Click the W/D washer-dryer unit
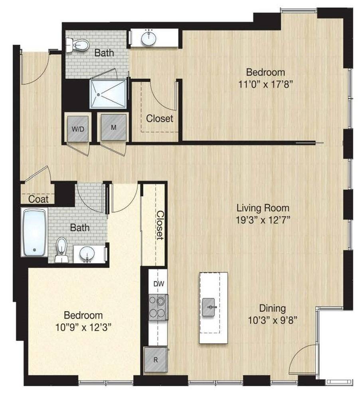tap(78, 129)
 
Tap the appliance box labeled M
tap(113, 127)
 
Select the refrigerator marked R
tap(155, 360)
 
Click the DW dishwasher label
tap(159, 284)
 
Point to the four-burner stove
tap(158, 307)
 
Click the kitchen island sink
tap(209, 307)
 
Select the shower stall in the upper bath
tap(108, 94)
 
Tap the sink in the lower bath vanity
tap(87, 254)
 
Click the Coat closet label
tap(38, 199)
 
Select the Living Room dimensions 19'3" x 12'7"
tap(263, 220)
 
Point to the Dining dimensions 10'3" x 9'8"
tap(273, 320)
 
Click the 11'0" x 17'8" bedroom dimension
tap(265, 84)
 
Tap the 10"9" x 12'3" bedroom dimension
tap(84, 327)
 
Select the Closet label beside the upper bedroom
tap(160, 118)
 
